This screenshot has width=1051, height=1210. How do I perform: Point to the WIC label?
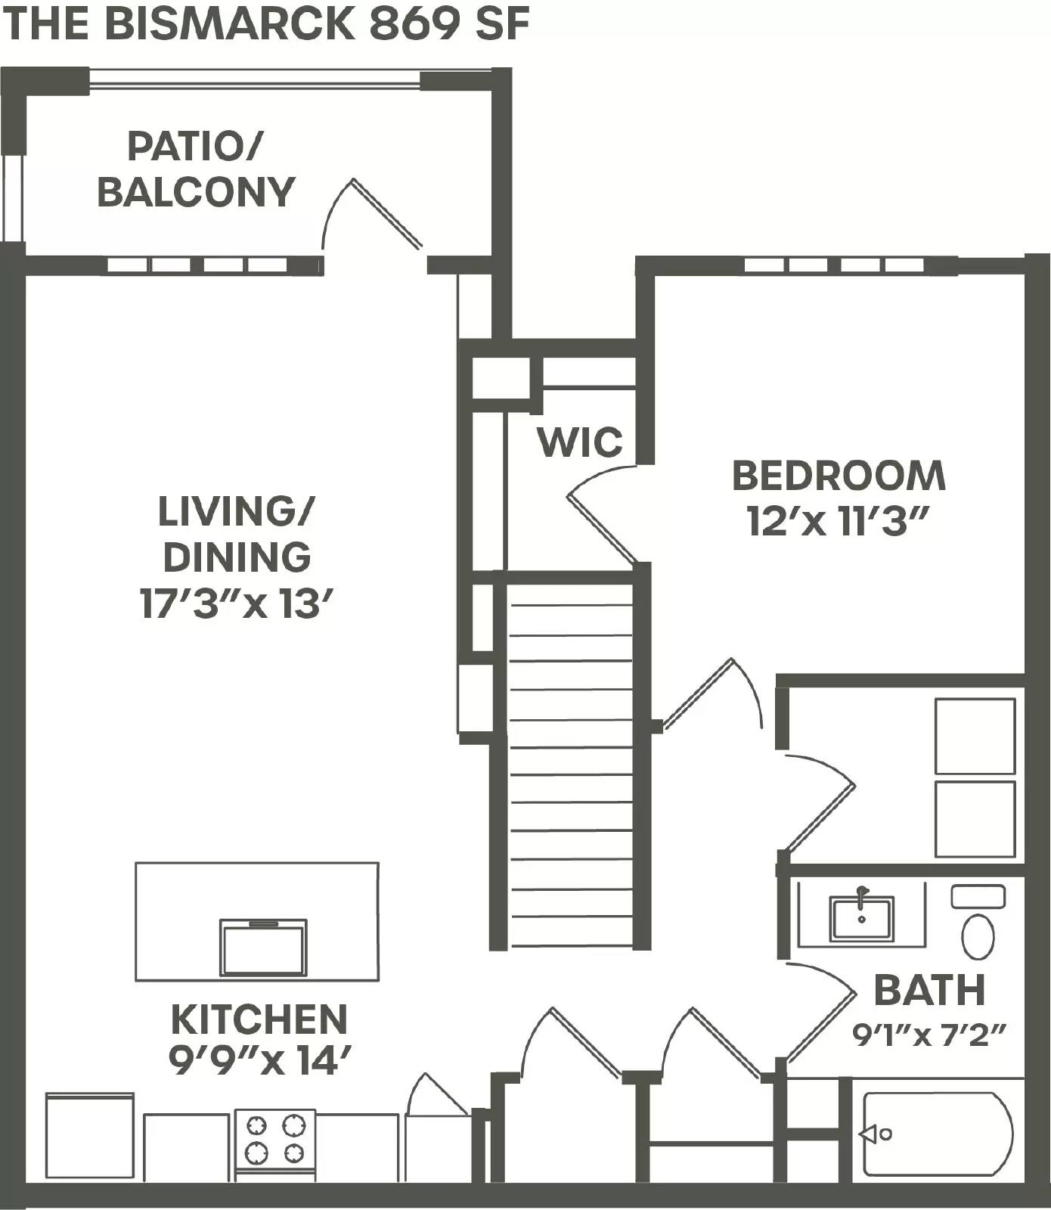click(x=580, y=442)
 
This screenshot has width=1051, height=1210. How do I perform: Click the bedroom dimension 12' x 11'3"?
click(x=838, y=521)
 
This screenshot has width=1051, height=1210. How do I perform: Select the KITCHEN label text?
click(x=259, y=1019)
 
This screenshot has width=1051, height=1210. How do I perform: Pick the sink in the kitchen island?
click(x=263, y=947)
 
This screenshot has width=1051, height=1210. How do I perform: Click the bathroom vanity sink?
click(x=861, y=917)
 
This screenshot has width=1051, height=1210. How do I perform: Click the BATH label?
click(x=929, y=990)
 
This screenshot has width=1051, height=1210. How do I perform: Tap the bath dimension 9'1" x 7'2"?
click(x=929, y=1034)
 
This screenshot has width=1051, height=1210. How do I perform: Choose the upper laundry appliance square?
click(x=975, y=735)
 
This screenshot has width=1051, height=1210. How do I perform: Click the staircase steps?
click(x=571, y=764)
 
